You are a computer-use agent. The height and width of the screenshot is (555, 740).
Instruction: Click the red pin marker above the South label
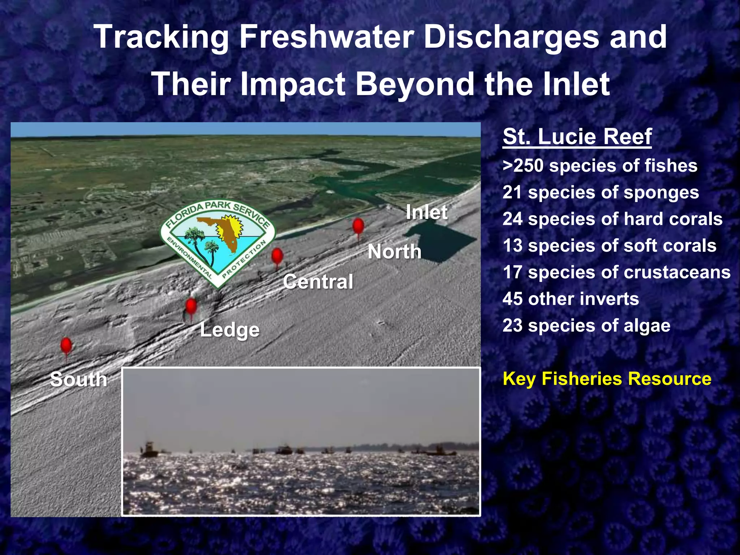(x=66, y=346)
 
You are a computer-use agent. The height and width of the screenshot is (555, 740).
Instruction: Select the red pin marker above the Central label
(x=277, y=257)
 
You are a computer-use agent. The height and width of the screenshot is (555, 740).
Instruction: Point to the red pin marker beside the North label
(x=358, y=227)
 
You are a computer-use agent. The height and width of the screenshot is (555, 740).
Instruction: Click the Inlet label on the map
(x=426, y=212)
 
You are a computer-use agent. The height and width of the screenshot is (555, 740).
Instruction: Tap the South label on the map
(x=78, y=379)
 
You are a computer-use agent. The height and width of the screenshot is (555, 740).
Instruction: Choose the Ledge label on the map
(x=229, y=330)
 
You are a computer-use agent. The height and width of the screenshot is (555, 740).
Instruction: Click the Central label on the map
(x=318, y=282)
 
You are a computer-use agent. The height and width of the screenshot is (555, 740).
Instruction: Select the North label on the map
(x=395, y=251)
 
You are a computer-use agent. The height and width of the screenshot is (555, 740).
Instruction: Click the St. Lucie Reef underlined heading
(x=577, y=137)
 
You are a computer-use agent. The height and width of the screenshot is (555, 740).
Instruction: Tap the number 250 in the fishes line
(x=529, y=166)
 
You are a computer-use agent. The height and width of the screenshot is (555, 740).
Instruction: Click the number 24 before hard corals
(x=512, y=219)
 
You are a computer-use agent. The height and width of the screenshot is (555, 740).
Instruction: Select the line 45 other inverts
(x=571, y=299)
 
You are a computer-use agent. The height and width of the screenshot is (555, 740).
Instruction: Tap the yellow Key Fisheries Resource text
(x=607, y=379)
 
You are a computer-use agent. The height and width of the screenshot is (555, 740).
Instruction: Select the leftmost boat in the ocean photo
(x=149, y=450)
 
